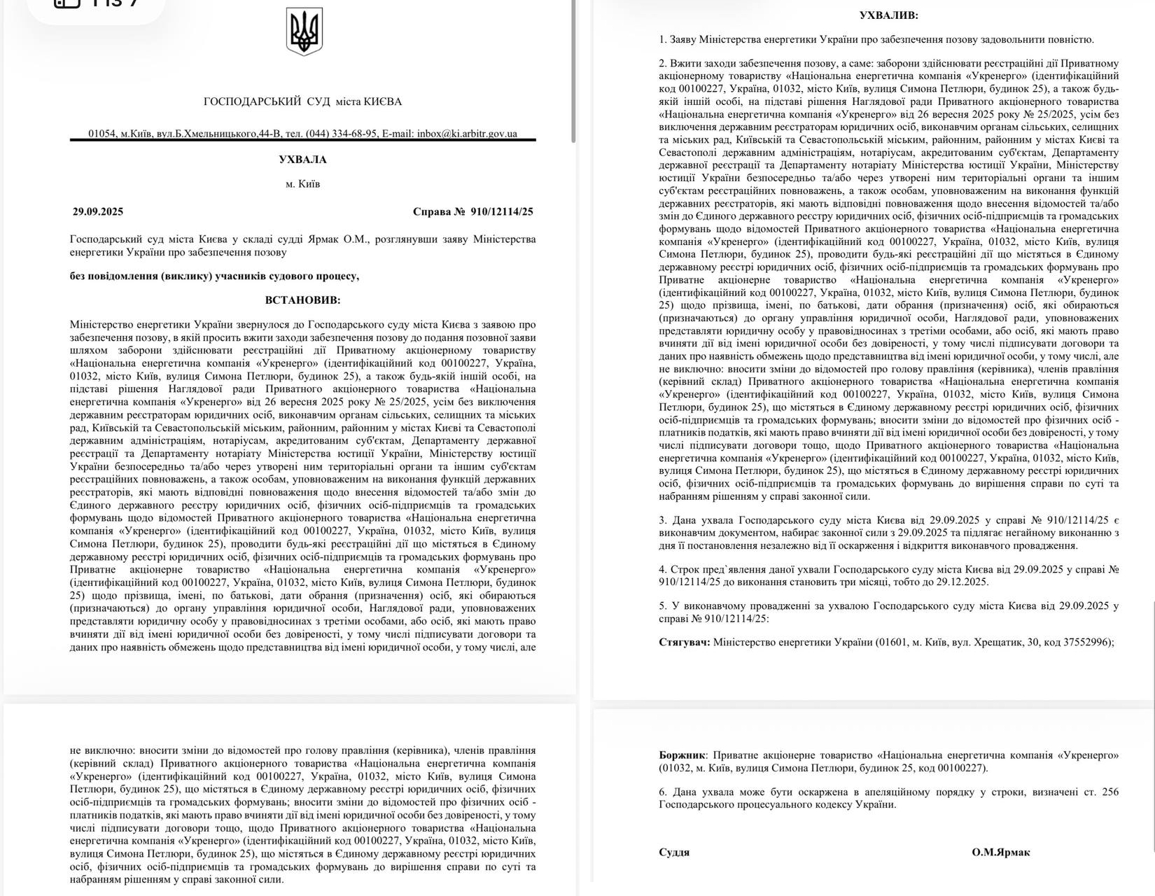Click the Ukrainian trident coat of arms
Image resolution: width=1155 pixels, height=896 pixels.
tap(304, 32)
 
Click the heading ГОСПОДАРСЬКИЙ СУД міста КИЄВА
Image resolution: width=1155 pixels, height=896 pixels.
tap(302, 101)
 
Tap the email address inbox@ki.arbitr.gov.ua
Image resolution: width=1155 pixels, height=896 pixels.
tap(467, 134)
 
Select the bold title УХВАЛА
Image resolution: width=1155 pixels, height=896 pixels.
tap(302, 160)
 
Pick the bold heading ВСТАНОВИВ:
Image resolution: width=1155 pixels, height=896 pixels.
tap(302, 300)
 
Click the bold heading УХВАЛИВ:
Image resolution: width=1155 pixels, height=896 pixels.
tap(888, 15)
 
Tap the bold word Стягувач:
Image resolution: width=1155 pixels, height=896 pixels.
tap(684, 641)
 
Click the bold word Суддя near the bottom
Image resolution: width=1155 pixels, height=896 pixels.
tap(674, 852)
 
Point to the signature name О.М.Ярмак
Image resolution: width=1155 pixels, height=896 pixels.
tap(1000, 852)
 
